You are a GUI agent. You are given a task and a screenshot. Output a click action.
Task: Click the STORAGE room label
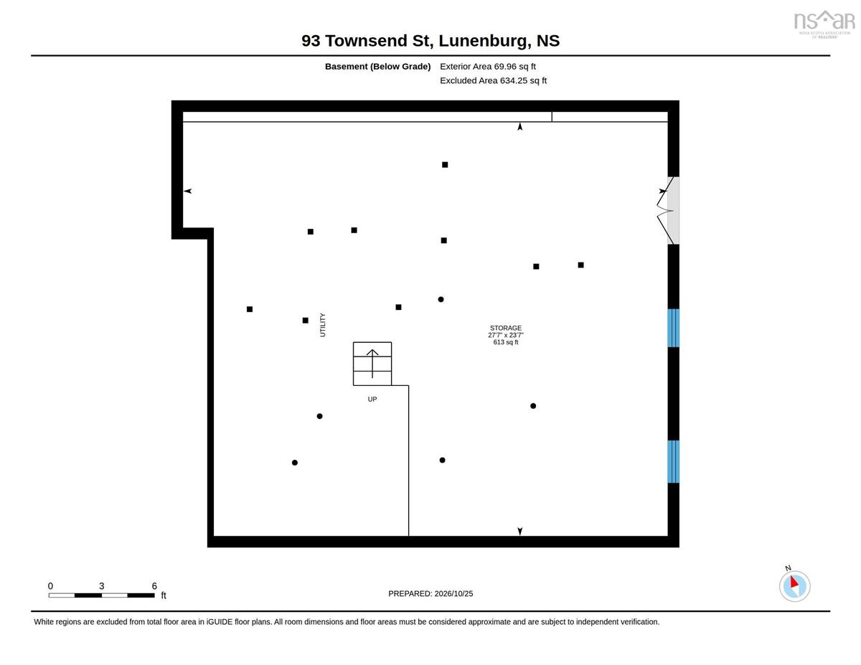pos(506,328)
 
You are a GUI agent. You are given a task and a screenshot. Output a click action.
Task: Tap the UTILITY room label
pos(323,325)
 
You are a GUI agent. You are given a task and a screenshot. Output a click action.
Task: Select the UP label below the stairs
pos(372,400)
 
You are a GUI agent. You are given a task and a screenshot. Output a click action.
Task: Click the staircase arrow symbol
pos(372,363)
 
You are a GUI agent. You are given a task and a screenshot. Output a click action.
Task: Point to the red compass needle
pos(794,582)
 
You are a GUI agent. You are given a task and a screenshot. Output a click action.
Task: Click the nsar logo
pos(824,24)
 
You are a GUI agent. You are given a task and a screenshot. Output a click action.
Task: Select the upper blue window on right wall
pos(673,328)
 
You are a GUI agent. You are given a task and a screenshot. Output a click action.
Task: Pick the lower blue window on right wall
pos(673,462)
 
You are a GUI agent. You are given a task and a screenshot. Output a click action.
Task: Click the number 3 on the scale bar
pos(101,586)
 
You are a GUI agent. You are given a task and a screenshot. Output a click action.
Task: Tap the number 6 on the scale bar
pos(154,586)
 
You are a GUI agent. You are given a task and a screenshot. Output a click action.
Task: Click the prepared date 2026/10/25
pos(453,594)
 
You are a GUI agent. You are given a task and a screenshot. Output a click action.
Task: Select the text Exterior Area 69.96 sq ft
pos(488,67)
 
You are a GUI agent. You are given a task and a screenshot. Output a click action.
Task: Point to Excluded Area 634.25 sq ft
pos(494,80)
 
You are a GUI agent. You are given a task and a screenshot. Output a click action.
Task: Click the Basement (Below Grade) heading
pos(377,67)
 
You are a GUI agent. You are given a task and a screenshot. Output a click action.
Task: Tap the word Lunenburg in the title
pos(484,41)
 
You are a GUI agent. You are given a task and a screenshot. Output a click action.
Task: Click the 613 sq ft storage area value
pos(506,342)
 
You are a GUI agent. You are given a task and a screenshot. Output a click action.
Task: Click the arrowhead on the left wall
pos(188,191)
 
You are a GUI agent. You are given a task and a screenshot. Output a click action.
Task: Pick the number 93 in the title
pos(311,41)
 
